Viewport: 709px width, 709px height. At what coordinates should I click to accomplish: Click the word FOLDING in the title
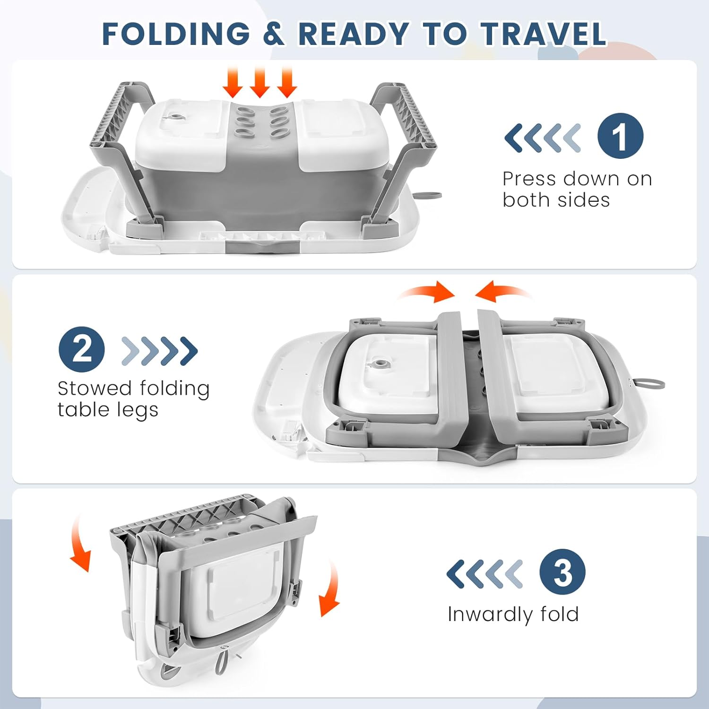point(176,34)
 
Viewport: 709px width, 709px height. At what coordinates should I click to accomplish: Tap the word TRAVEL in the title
point(544,34)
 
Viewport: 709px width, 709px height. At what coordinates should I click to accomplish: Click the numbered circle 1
point(620,136)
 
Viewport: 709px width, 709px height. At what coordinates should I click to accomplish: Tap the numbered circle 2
point(82,349)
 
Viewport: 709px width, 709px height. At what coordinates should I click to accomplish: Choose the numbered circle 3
point(562,572)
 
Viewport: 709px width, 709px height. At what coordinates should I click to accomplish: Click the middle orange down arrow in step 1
point(259,83)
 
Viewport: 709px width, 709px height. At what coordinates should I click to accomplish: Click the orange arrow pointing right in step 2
point(425,292)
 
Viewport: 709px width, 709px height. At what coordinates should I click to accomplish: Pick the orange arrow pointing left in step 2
point(504,292)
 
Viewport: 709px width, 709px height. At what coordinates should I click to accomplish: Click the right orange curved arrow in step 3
point(331,588)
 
